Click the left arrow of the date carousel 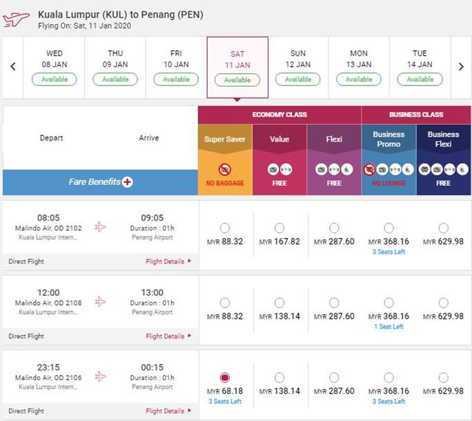(x=13, y=66)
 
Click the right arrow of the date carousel (x=461, y=66)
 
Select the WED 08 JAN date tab (x=54, y=67)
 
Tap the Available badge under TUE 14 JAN (x=420, y=79)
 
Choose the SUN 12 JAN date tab (x=298, y=67)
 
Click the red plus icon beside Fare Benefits (x=127, y=182)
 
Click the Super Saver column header (x=225, y=139)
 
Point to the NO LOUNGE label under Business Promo (x=389, y=183)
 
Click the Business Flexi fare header (x=444, y=139)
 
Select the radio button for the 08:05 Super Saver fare (x=225, y=228)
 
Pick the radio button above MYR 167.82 (x=279, y=228)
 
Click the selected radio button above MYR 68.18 (x=225, y=378)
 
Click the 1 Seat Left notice (x=389, y=327)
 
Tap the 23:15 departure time (x=48, y=367)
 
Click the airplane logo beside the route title (x=17, y=19)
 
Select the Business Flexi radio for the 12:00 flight (x=444, y=303)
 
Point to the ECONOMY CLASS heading (x=280, y=115)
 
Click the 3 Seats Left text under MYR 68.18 (x=225, y=401)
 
